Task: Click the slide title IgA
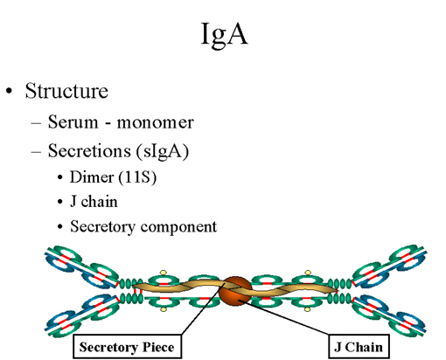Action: (224, 34)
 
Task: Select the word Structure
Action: (66, 91)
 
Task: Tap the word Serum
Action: (73, 121)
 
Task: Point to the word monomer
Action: (155, 122)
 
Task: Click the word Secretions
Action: (89, 150)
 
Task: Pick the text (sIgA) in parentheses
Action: (163, 151)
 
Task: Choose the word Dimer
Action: (92, 177)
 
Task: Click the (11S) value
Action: (137, 177)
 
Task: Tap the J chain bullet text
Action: (94, 202)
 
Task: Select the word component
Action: (178, 227)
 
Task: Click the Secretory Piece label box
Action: (127, 346)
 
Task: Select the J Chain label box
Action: (359, 347)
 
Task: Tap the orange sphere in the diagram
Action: (235, 291)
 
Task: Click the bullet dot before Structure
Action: (10, 91)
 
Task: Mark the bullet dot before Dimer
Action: (60, 177)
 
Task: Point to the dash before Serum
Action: (36, 123)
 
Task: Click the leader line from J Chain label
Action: (285, 317)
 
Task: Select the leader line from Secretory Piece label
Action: (203, 308)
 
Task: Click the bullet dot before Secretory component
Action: (60, 227)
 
